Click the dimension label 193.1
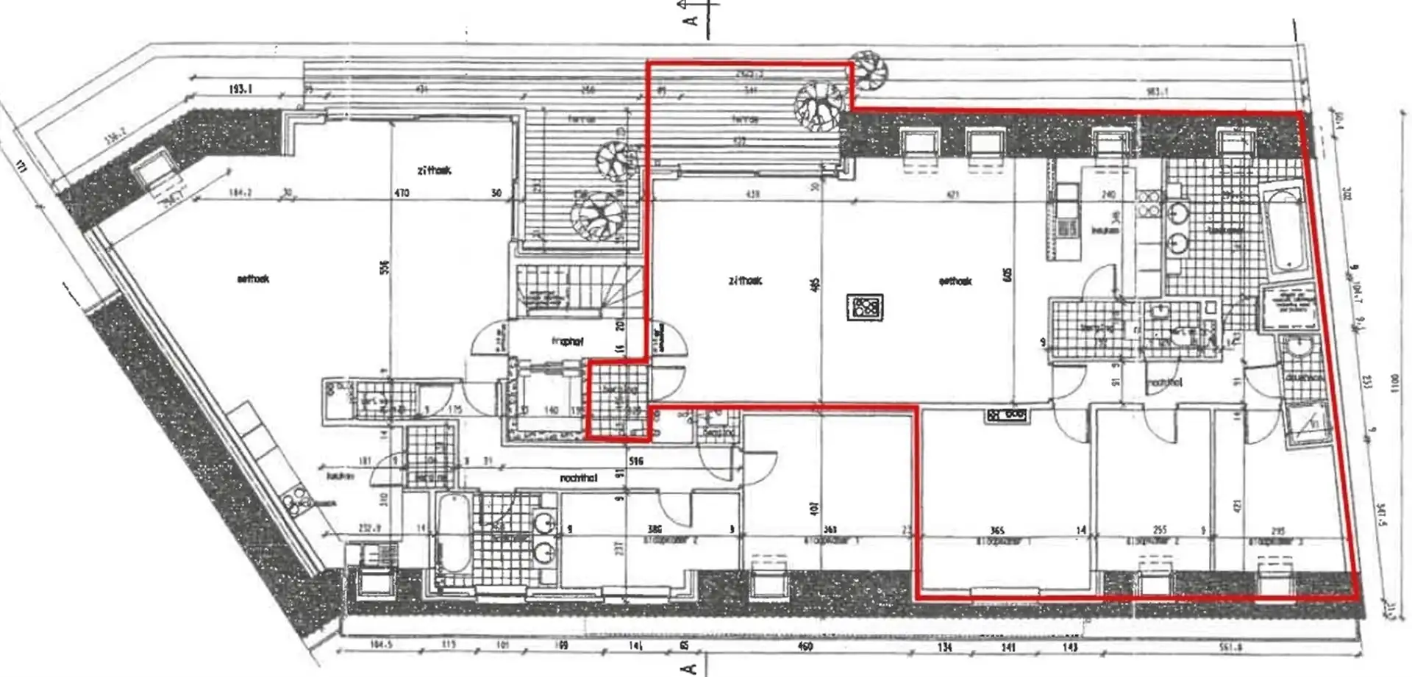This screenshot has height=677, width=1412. click(240, 89)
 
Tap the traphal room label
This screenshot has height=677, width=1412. click(567, 342)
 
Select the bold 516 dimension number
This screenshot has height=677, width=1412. click(636, 461)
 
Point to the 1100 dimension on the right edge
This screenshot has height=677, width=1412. click(1394, 383)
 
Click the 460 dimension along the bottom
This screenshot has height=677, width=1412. click(805, 646)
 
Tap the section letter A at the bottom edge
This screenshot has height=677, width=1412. click(689, 667)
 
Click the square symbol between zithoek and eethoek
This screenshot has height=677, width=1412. click(865, 307)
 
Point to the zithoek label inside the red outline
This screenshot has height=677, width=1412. click(745, 281)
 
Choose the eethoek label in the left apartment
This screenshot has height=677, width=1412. click(254, 279)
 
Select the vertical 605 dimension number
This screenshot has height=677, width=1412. click(1008, 274)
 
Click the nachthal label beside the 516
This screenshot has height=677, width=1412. click(579, 479)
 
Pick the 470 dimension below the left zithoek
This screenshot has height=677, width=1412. click(402, 193)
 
